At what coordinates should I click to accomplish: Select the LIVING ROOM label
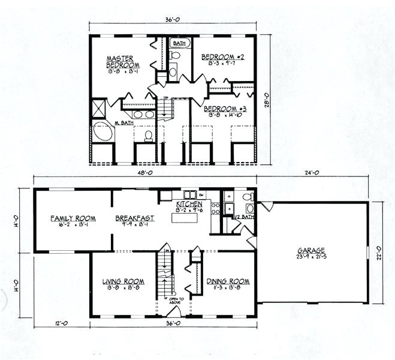[123, 280]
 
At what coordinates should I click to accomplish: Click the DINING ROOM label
[228, 280]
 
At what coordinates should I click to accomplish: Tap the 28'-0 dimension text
[267, 99]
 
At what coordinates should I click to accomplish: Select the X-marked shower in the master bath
[98, 109]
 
